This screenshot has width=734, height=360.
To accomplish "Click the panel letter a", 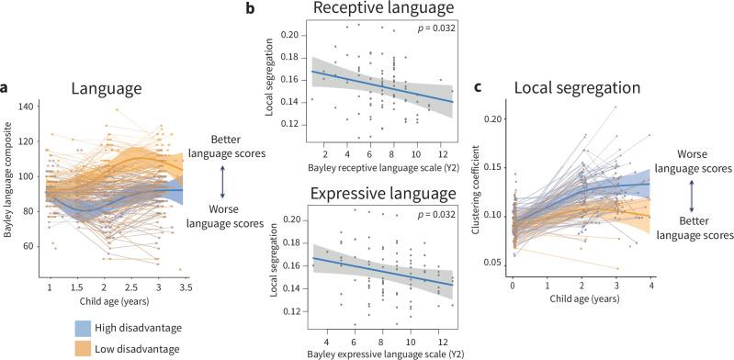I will coord(6,88).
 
